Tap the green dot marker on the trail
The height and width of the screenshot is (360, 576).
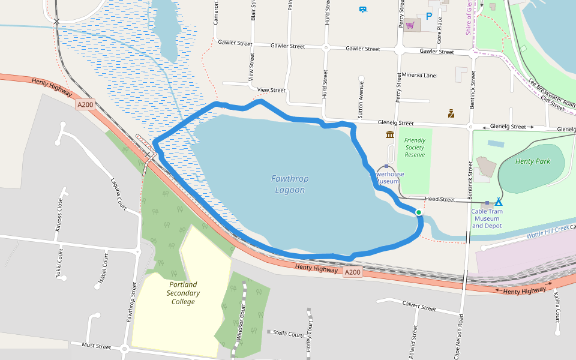click(x=418, y=212)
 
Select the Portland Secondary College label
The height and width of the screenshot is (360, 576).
click(x=183, y=293)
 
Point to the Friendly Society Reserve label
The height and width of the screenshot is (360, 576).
click(x=415, y=148)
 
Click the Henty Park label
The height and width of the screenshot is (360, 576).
click(x=533, y=161)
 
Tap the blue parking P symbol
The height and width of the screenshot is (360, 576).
click(x=429, y=17)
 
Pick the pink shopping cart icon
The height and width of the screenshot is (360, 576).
click(x=410, y=25)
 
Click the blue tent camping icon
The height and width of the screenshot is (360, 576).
click(x=498, y=203)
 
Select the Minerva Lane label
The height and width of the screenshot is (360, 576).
click(x=419, y=76)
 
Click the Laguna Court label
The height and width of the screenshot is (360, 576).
click(x=118, y=193)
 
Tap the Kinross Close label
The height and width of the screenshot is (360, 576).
click(x=59, y=215)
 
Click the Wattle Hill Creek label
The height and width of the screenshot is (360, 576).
click(x=547, y=231)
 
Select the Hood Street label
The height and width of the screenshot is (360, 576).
click(x=440, y=199)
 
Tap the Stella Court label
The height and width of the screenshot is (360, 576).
click(x=288, y=333)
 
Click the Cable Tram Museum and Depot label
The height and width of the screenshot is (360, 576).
click(x=487, y=218)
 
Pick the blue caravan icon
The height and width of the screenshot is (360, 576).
click(x=363, y=9)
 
